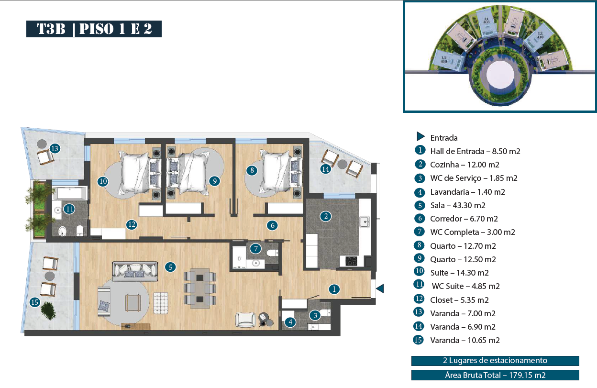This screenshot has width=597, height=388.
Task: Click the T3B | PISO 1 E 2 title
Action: pos(94,29)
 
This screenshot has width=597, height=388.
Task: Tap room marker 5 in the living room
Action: pos(170,267)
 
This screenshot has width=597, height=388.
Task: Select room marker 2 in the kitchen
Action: pos(326,216)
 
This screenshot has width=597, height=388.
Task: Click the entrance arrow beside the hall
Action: pos(380,288)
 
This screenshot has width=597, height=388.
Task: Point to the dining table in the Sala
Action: pos(200,288)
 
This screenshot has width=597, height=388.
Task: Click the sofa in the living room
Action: pos(135,271)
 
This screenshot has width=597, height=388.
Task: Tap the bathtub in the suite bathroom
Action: pos(70,193)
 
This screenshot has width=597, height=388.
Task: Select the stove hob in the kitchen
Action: pos(351,261)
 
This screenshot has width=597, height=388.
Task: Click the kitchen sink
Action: pos(365,222)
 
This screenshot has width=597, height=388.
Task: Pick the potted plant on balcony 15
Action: pos(48,310)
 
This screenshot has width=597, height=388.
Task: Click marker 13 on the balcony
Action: pos(55,148)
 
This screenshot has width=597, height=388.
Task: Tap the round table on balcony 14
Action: pos(342,164)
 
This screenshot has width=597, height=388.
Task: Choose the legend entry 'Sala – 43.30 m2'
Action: pos(458,205)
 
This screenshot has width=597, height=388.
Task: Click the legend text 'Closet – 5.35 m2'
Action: pos(459,300)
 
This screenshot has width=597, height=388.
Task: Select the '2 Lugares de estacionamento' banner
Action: pos(495,361)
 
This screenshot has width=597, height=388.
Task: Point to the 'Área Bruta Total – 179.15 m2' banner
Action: pos(495,375)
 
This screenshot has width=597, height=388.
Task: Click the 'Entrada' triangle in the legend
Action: pos(420,136)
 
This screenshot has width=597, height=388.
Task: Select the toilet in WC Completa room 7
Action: pos(272,253)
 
